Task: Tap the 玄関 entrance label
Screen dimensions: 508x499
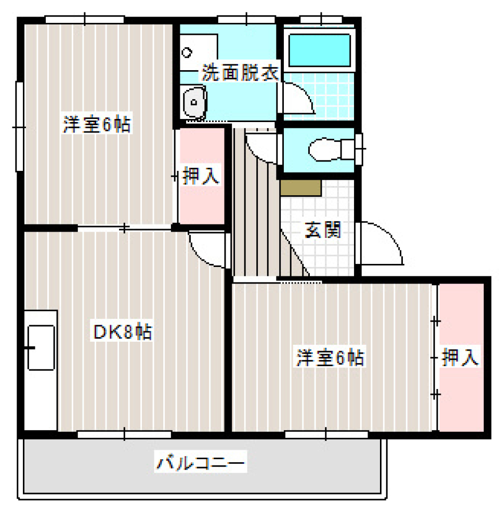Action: (322, 230)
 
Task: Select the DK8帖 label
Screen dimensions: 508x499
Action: (123, 331)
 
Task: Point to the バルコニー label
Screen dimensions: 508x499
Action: (201, 462)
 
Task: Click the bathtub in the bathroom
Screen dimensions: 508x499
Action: (319, 49)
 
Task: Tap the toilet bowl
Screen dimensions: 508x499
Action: (324, 150)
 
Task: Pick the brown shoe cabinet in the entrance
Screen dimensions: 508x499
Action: (300, 187)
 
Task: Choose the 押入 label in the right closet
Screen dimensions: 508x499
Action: (460, 358)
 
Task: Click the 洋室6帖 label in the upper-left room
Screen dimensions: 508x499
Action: (97, 125)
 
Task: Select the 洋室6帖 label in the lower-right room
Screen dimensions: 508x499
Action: (330, 358)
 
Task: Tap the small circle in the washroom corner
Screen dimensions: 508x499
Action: (187, 52)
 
